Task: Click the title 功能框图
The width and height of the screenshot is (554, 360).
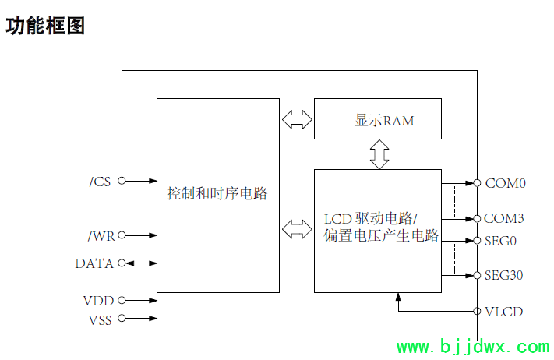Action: (45, 26)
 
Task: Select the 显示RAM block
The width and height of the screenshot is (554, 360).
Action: (378, 120)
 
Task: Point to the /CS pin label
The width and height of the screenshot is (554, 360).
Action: (101, 182)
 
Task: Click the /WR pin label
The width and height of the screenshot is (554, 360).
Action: (100, 235)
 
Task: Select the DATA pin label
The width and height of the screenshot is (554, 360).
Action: (94, 263)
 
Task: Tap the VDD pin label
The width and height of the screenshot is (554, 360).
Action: (98, 300)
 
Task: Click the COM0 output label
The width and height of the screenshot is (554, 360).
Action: (506, 184)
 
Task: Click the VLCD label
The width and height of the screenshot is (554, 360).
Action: (503, 312)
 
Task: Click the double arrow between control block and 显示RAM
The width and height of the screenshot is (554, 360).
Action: (296, 119)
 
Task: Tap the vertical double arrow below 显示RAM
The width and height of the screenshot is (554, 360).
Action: (379, 154)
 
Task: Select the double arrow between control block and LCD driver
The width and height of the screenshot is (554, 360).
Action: (296, 229)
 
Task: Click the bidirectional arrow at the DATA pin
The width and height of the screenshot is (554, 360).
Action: (140, 263)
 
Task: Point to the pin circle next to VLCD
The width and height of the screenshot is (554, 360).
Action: (477, 311)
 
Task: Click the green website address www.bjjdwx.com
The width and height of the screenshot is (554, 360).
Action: (473, 348)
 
